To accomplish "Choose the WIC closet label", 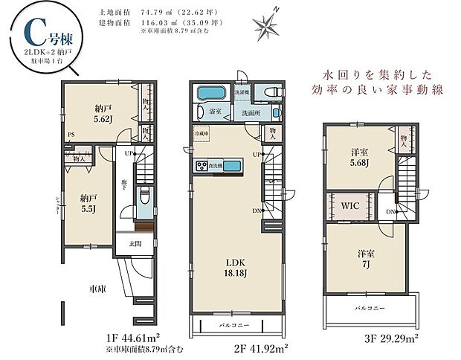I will tap(350, 205).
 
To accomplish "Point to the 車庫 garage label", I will tap(97, 288).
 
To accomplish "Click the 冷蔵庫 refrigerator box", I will tap(201, 135).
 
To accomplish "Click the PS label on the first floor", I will tap(71, 135).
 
